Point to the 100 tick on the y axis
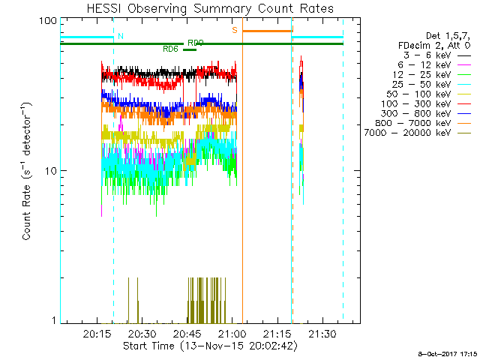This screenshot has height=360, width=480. click(49, 20)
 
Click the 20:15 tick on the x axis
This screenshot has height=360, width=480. click(97, 333)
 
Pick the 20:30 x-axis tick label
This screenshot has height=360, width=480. click(142, 333)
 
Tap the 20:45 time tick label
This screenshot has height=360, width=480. click(187, 333)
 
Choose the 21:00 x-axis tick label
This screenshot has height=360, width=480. click(232, 333)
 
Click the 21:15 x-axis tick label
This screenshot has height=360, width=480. click(277, 333)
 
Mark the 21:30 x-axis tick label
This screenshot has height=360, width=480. click(322, 333)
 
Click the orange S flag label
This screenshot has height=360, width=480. click(235, 30)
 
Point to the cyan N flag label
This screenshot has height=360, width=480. click(120, 36)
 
